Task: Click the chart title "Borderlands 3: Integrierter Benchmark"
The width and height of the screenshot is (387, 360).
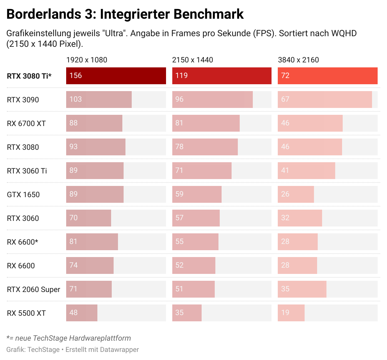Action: (x=125, y=14)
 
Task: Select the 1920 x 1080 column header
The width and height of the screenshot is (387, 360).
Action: (x=87, y=60)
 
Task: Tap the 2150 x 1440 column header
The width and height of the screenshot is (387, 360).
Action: (x=193, y=60)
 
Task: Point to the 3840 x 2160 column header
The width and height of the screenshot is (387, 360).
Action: (x=298, y=60)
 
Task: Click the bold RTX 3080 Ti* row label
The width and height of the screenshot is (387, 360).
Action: (x=29, y=76)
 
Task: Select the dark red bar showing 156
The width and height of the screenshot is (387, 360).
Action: (x=116, y=76)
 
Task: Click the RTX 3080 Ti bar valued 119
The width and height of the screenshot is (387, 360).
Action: (x=222, y=76)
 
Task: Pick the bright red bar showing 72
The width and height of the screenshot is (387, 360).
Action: (x=327, y=76)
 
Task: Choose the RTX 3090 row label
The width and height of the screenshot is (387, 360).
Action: (x=23, y=100)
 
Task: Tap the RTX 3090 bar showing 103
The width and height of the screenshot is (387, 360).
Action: (x=99, y=100)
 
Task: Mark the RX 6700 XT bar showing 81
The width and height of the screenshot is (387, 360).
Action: (x=206, y=123)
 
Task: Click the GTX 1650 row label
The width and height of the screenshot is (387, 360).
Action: (x=23, y=195)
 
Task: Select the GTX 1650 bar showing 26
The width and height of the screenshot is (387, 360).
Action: (x=296, y=194)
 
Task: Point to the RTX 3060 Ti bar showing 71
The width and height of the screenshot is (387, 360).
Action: (x=202, y=171)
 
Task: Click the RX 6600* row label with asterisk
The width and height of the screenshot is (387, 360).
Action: (x=22, y=242)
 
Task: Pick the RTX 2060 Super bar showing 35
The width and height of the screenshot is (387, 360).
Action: (x=302, y=289)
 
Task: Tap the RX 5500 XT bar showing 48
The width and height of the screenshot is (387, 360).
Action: (x=81, y=313)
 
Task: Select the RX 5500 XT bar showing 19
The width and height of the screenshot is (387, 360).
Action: (x=291, y=313)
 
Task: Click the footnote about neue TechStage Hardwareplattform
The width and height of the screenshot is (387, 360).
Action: (x=69, y=338)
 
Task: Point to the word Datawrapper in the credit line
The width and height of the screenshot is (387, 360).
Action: (x=120, y=350)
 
